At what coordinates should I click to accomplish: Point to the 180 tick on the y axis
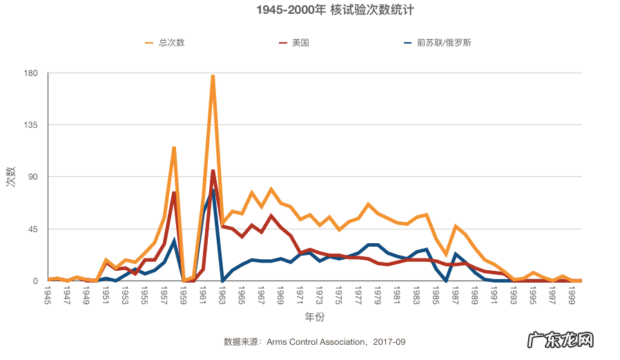(30, 73)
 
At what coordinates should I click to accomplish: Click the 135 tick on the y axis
(30, 125)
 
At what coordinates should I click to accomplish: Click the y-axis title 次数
(11, 177)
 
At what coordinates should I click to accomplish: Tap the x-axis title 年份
(314, 317)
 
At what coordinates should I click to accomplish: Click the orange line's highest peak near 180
(213, 75)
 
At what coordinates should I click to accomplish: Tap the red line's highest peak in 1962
(213, 171)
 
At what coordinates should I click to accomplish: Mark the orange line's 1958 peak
(174, 147)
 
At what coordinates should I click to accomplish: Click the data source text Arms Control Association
(315, 341)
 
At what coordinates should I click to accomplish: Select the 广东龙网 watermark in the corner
(560, 341)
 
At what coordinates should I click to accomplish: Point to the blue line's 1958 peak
(174, 240)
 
